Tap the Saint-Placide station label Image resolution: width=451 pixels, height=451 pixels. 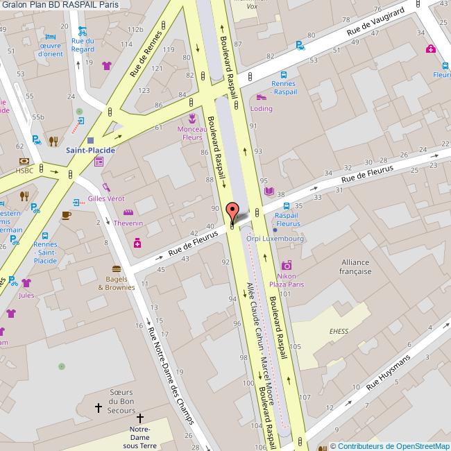(x=90, y=150)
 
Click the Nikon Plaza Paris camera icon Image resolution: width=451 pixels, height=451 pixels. (x=287, y=265)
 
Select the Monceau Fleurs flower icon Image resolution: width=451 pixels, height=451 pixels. (x=192, y=117)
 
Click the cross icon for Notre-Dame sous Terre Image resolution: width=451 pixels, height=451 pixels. (x=140, y=418)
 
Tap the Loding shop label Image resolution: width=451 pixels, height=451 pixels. (x=262, y=109)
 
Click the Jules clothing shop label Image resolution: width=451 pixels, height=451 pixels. (x=26, y=295)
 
